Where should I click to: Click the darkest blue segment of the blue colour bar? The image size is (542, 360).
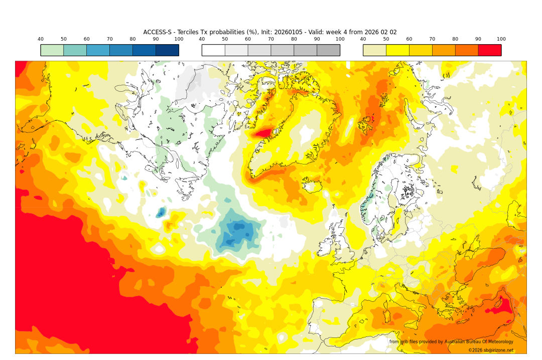[167, 50]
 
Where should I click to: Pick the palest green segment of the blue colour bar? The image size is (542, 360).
[52, 50]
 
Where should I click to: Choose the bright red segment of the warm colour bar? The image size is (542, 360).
[489, 50]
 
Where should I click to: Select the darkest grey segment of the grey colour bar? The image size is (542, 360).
[328, 50]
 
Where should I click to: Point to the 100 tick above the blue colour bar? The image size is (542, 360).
[179, 39]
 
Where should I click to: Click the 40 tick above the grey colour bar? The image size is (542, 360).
[202, 39]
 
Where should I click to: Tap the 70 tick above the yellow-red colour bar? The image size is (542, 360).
[432, 39]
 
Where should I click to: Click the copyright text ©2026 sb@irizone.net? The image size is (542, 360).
[490, 350]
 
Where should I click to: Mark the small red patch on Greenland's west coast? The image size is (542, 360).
[264, 133]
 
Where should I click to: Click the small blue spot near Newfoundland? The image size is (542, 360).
[161, 213]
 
